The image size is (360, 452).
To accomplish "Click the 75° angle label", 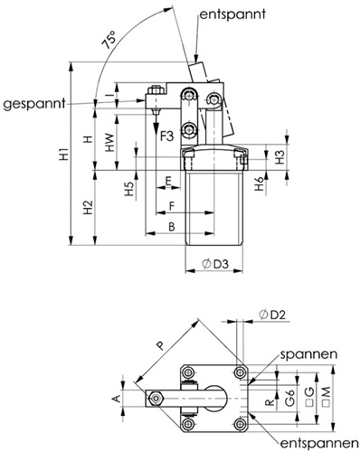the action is click(109, 40).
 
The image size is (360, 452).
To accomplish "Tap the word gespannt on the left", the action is click(34, 104).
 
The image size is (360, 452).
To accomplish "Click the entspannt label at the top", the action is click(232, 14).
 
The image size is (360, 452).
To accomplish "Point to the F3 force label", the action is click(166, 137).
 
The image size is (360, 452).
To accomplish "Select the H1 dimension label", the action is click(64, 155).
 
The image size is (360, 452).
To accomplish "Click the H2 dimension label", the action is click(88, 207).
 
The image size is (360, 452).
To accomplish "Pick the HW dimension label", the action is click(110, 142).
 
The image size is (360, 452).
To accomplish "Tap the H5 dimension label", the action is click(129, 189).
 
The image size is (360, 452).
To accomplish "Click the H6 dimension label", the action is click(260, 184).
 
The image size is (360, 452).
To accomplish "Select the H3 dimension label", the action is click(280, 157).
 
